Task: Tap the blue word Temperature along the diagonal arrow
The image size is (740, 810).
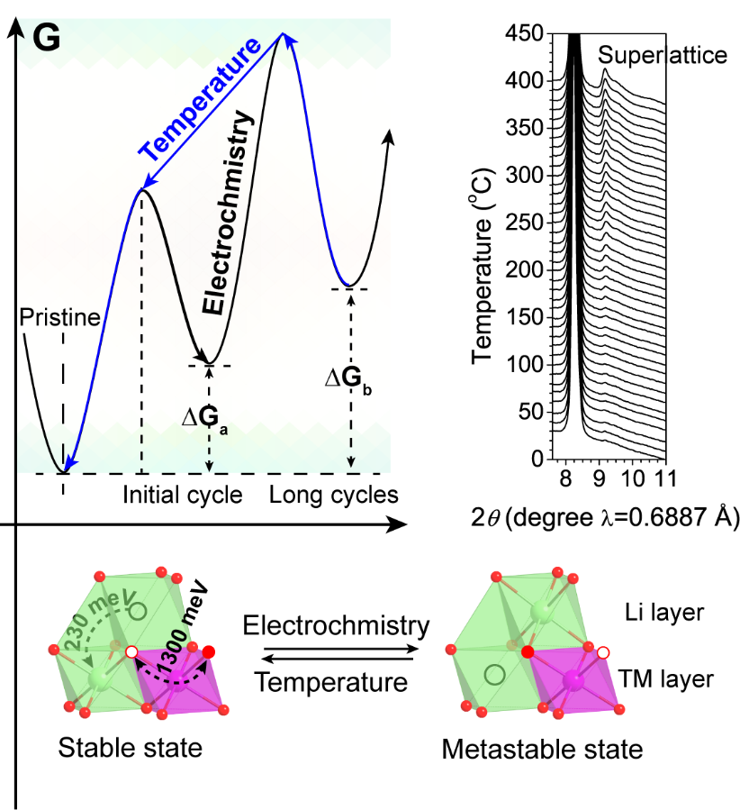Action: pyautogui.click(x=199, y=96)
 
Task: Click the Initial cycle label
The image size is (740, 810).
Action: pyautogui.click(x=183, y=495)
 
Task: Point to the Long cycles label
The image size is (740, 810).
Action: pyautogui.click(x=334, y=495)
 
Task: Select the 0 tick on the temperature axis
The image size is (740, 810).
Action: pyautogui.click(x=538, y=460)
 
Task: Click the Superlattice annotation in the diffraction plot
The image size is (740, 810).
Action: pyautogui.click(x=663, y=55)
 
